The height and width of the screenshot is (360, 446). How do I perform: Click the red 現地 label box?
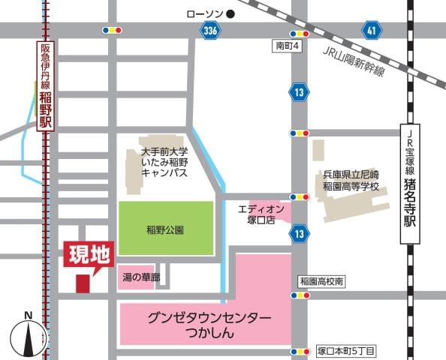[x=89, y=254]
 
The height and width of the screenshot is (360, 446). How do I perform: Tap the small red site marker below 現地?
[x=82, y=283]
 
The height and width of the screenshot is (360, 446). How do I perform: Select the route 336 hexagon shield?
[x=211, y=30]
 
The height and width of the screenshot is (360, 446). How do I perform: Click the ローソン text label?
[x=204, y=13]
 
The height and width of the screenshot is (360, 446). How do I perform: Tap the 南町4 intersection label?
[x=287, y=46]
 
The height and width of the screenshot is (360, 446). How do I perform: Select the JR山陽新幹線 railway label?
[x=353, y=61]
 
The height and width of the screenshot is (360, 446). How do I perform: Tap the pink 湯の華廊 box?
[x=140, y=278]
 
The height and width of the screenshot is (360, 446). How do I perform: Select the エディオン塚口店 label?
[x=261, y=213]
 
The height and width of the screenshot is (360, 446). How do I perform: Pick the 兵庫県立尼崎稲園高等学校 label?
[x=348, y=178]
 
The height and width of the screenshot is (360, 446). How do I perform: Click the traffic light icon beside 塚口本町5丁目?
[x=300, y=351]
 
